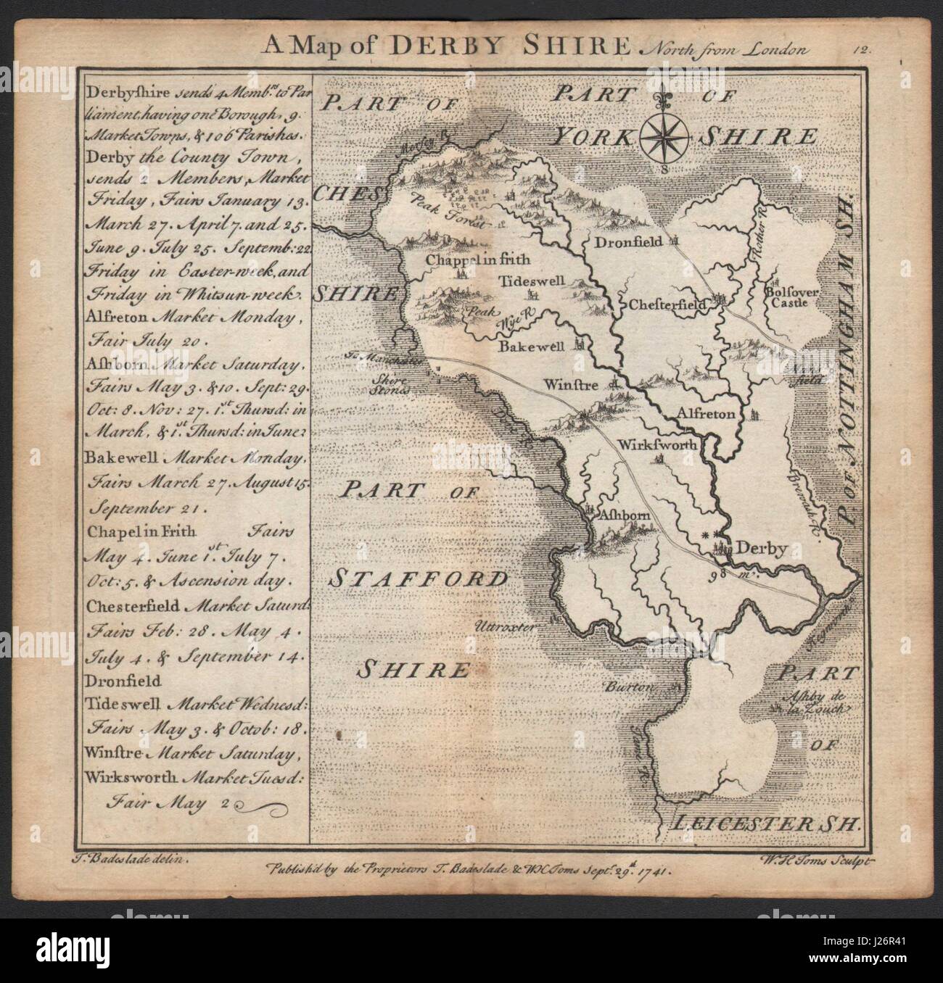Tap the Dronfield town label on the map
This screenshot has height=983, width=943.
pos(628,241)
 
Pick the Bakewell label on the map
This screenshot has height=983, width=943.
pos(532,347)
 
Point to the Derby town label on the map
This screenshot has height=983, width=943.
pos(761,549)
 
